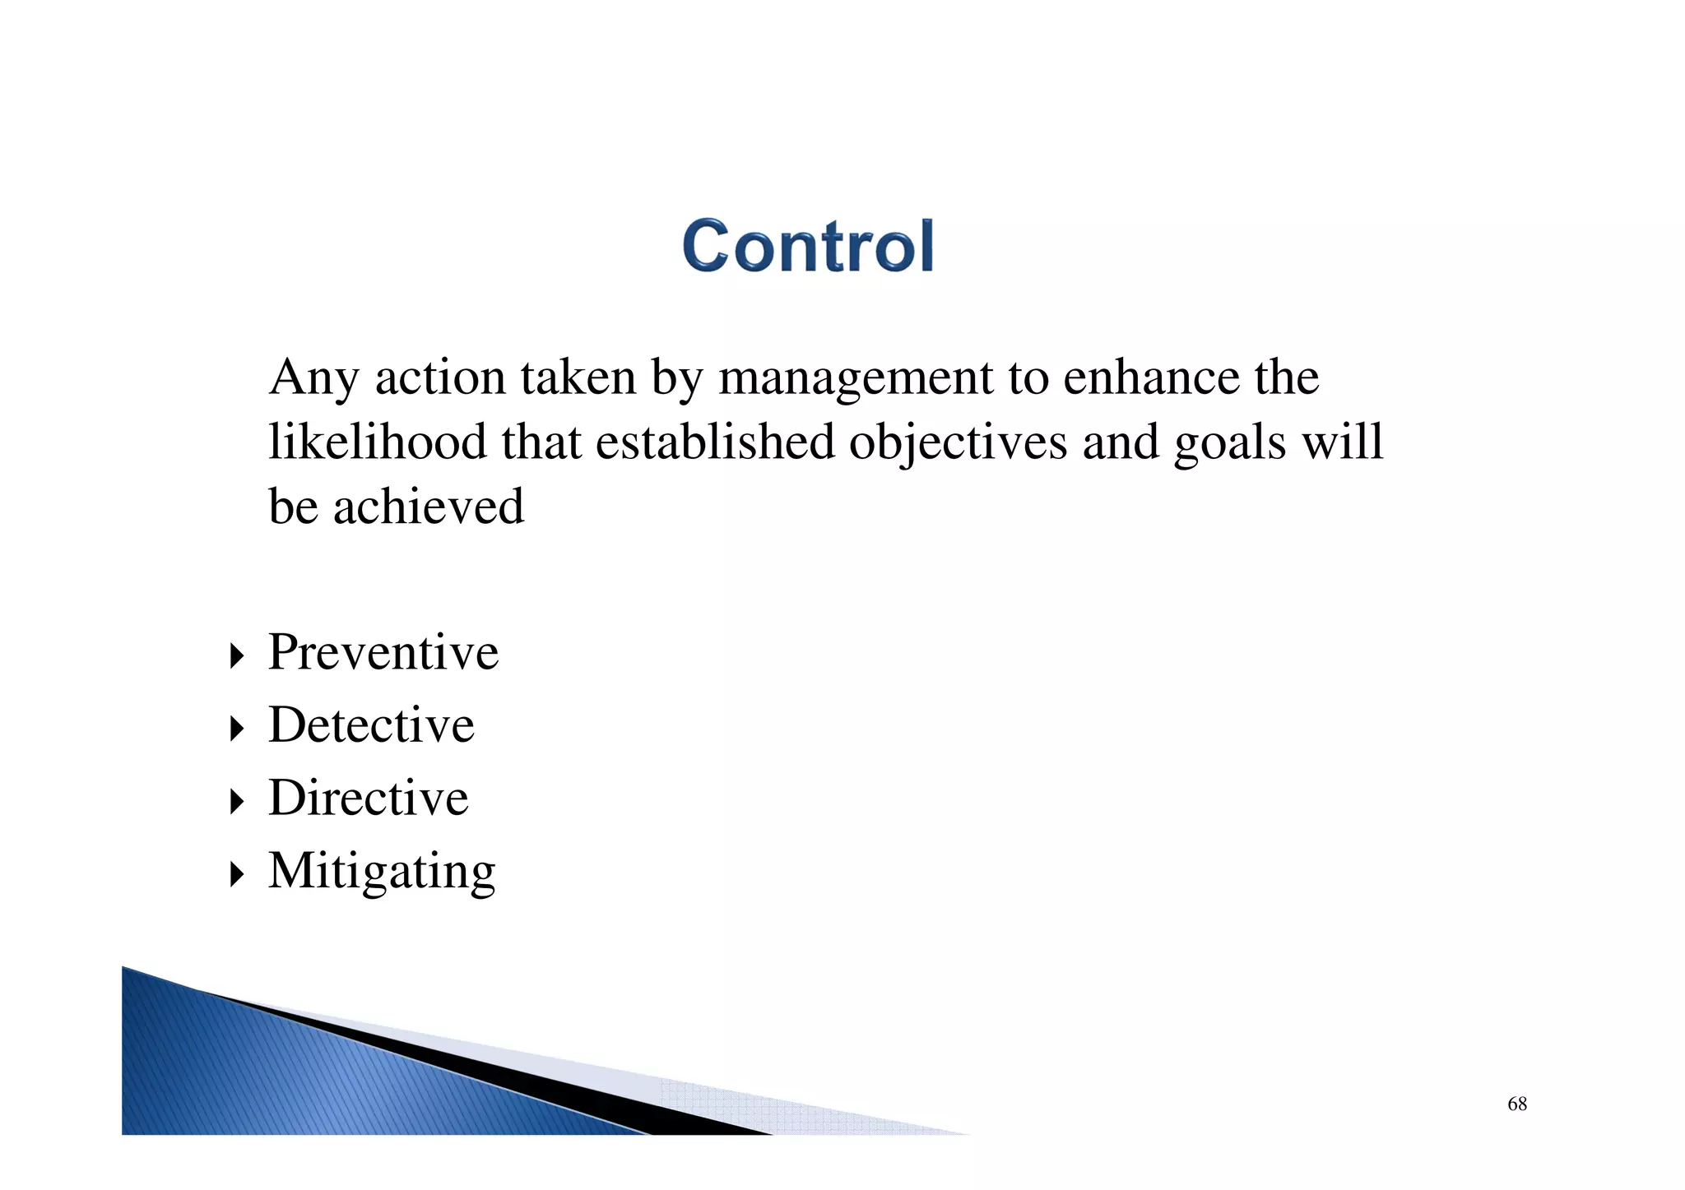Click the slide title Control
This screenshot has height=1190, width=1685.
[808, 246]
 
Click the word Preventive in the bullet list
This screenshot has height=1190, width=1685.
[383, 652]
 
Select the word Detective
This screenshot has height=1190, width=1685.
[371, 725]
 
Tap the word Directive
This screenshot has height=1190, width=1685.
[368, 797]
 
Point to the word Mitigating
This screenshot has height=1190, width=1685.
[382, 870]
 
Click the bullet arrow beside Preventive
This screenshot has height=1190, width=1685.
[237, 655]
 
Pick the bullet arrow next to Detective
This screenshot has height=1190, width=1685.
[237, 728]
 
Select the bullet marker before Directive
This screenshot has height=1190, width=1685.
[237, 800]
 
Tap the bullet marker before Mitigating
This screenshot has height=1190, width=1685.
[237, 873]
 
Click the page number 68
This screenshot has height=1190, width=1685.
[1516, 1104]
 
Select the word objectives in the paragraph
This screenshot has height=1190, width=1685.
[958, 443]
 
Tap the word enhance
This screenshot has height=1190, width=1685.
[1151, 377]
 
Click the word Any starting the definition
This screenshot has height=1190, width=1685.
[313, 378]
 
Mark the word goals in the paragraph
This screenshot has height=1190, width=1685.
[1230, 443]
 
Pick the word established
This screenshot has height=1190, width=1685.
[715, 442]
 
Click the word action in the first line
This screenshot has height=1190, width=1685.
[440, 377]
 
